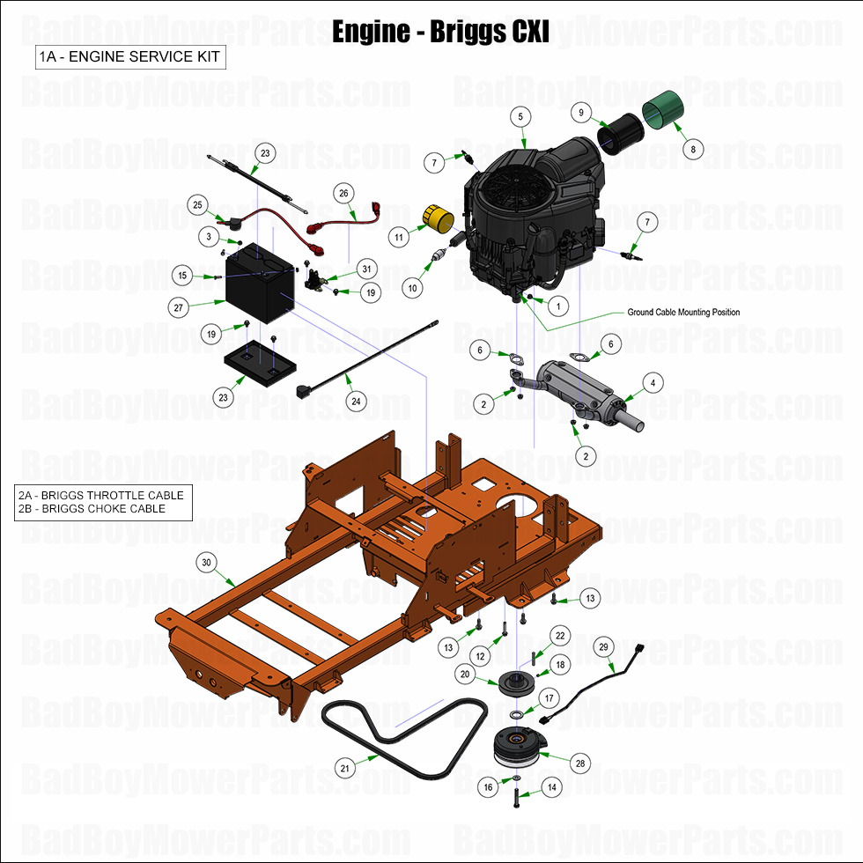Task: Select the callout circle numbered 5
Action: coord(520,117)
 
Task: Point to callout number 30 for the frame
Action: coord(207,562)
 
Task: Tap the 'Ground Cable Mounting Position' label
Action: coord(683,313)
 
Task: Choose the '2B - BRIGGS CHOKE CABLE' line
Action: coord(92,509)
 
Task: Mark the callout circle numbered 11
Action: coord(399,238)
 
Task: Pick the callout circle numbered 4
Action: coord(653,383)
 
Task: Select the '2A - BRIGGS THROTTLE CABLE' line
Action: coord(101,495)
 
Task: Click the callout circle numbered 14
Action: coord(552,788)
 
